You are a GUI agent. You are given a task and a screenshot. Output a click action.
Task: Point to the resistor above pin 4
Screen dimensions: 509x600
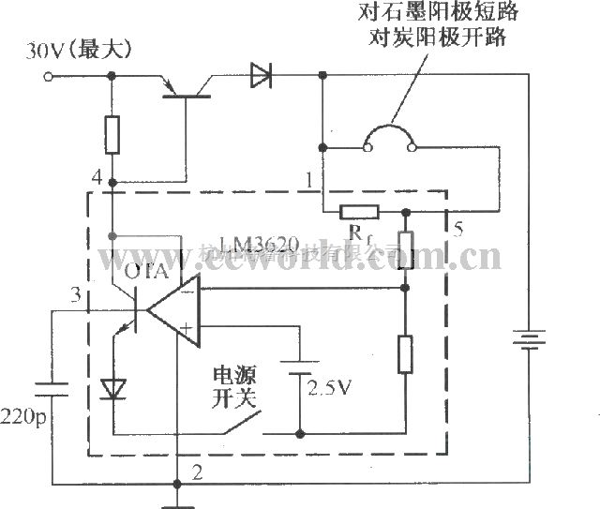112,135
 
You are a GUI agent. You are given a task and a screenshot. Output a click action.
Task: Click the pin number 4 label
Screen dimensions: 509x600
96,177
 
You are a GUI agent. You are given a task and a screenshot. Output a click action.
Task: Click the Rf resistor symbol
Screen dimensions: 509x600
358,212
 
